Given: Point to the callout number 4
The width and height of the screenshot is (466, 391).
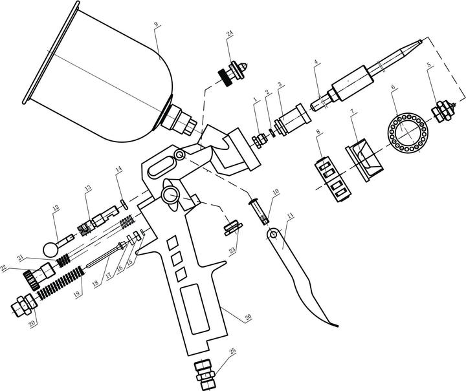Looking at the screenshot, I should tap(315, 63).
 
